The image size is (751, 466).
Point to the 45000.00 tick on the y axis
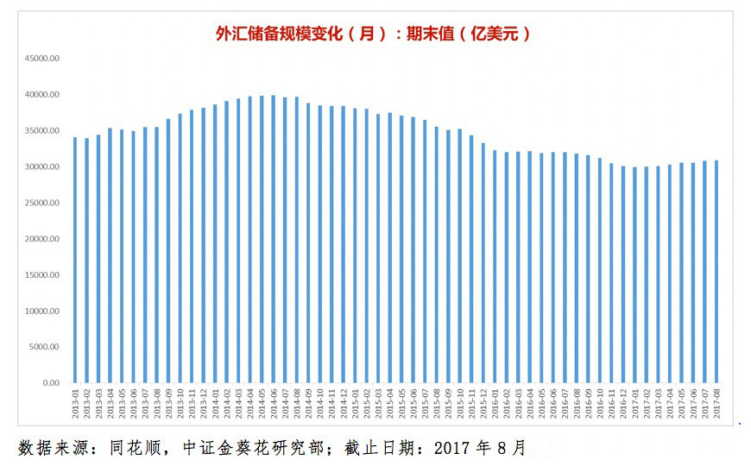pos(41,59)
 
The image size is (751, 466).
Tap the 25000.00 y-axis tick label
pos(41,203)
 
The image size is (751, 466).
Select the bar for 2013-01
pos(75,260)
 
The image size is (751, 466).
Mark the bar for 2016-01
pos(495,267)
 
